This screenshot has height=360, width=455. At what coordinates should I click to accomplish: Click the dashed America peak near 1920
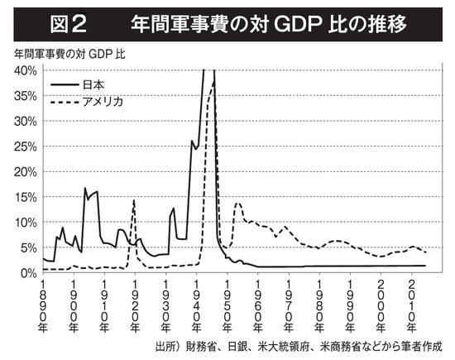point(133,200)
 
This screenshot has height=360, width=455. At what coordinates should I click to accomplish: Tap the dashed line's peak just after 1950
point(238,203)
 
